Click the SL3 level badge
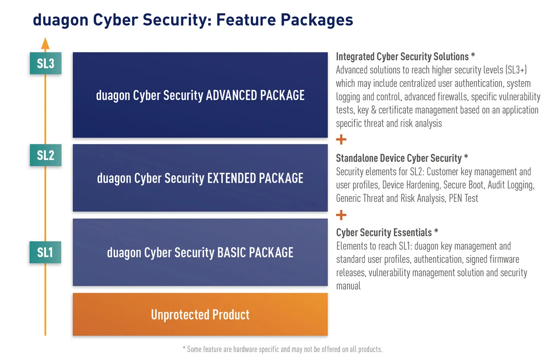tap(46, 63)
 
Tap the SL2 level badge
tap(46, 155)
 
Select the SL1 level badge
tap(45, 252)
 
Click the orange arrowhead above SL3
tap(45, 43)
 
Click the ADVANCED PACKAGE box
tap(200, 95)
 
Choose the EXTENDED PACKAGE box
tap(200, 178)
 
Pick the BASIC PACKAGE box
tap(200, 252)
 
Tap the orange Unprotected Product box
tap(200, 314)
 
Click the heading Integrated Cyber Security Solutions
tap(402, 57)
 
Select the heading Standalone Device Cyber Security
tap(399, 158)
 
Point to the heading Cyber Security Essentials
tap(384, 232)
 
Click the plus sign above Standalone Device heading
tap(341, 139)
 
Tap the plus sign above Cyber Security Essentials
tap(341, 215)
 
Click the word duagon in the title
tap(61, 20)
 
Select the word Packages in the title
tap(317, 20)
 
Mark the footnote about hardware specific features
tap(283, 349)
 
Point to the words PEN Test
tap(464, 198)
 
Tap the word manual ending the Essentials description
tap(348, 286)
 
